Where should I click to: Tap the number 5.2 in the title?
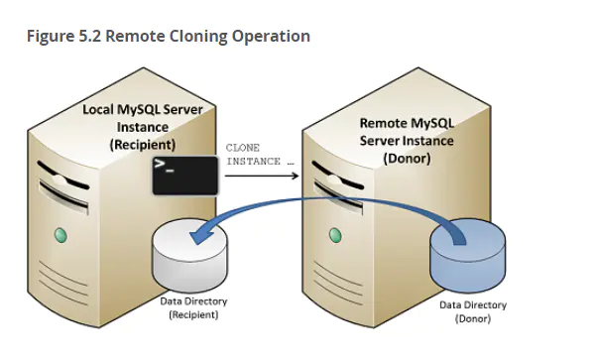tap(90, 36)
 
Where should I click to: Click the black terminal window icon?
tap(185, 176)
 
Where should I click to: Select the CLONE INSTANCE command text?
tap(260, 155)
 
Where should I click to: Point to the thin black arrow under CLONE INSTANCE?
tap(262, 176)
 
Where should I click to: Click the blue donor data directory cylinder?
tap(468, 255)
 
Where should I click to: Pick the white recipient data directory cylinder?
tap(189, 256)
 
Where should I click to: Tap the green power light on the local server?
tap(60, 235)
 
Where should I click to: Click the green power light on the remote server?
tap(335, 235)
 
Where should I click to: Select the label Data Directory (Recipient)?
tap(193, 307)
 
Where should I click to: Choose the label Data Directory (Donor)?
tap(473, 311)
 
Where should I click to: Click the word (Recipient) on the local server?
tap(143, 145)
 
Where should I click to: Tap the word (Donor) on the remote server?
tap(407, 158)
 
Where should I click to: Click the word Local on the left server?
tap(98, 110)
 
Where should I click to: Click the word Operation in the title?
tap(271, 37)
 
